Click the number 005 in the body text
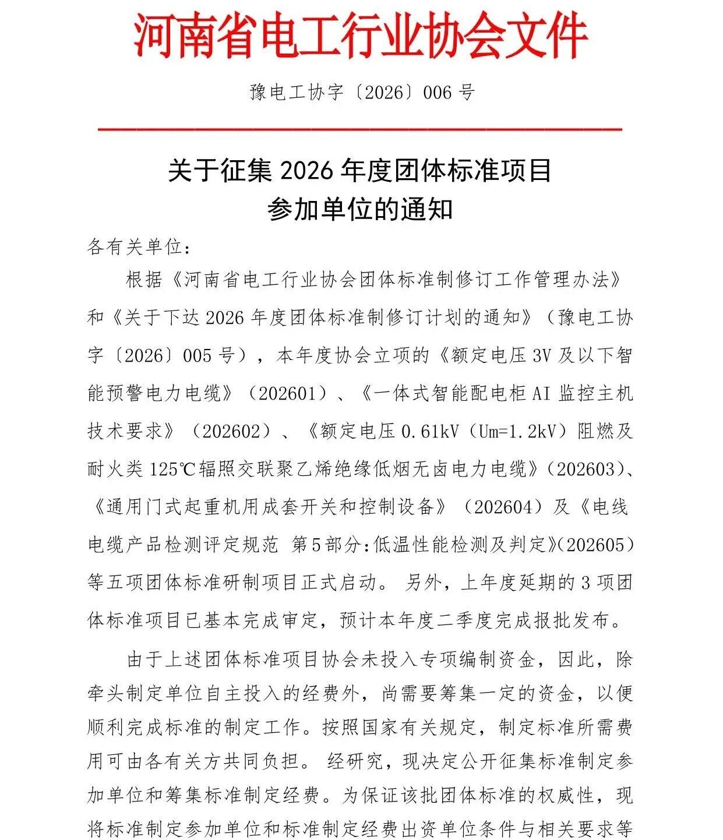tap(197, 355)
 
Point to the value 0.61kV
tap(430, 431)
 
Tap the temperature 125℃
tap(172, 469)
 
